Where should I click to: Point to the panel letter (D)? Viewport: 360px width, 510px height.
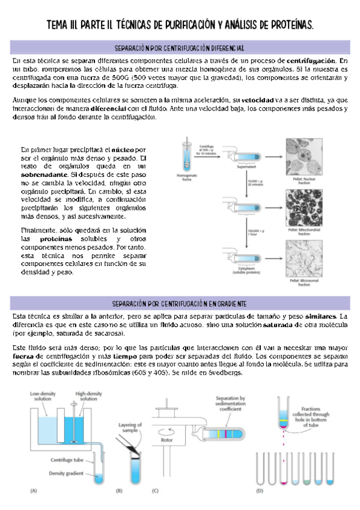259,490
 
